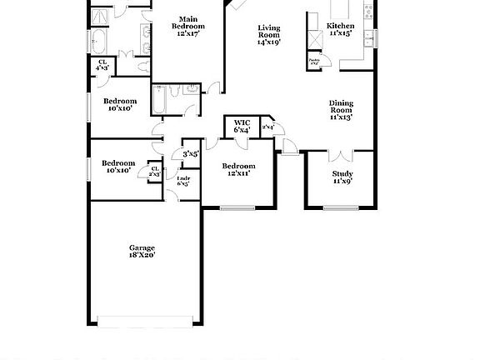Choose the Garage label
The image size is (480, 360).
(141, 247)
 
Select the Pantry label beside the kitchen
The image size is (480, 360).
(314, 61)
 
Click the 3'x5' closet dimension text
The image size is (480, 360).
(191, 153)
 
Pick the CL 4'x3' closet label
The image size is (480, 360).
(102, 63)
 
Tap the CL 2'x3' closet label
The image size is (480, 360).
(154, 172)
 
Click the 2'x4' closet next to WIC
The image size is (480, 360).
(268, 127)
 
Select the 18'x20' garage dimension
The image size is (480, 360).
(142, 255)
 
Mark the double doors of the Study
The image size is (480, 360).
(342, 155)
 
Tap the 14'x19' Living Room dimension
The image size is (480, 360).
(268, 41)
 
